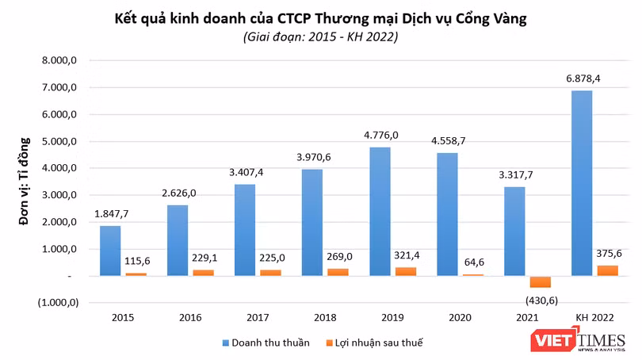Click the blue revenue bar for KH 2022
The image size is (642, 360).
pos(581,182)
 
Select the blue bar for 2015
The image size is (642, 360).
pos(109,251)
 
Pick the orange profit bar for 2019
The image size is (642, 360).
pos(407,271)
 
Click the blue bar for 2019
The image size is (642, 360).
pos(379,211)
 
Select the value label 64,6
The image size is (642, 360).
pos(474,260)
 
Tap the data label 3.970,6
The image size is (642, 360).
pos(312,156)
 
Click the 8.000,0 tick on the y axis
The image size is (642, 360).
pos(59,61)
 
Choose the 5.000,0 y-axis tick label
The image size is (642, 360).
pos(59,142)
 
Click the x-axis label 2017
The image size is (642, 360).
pos(258,318)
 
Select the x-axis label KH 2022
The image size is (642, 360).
pos(594,318)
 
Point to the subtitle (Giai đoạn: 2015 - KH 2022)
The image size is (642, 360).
pos(321,36)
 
